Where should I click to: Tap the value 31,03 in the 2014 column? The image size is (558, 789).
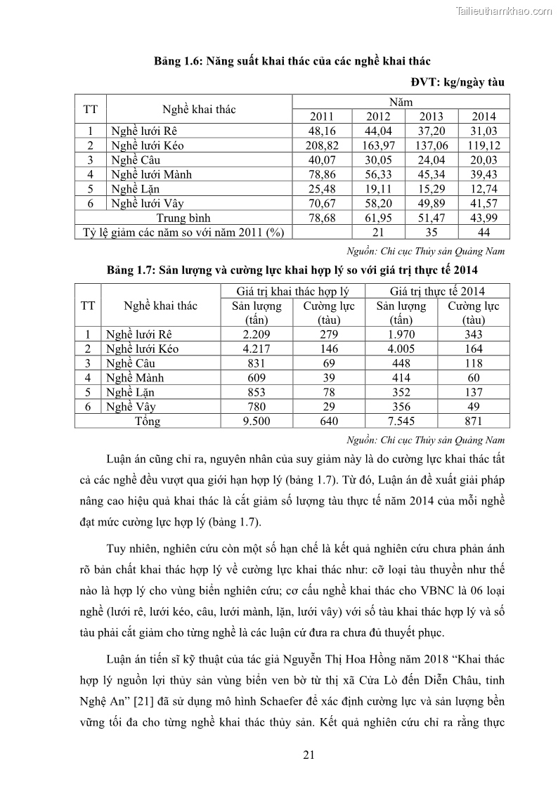click(484, 131)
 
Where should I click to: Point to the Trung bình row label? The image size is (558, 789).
click(183, 218)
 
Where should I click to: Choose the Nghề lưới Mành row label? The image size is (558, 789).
click(151, 174)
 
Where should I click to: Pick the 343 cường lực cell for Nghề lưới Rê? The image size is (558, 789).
click(474, 334)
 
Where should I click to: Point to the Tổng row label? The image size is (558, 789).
click(148, 422)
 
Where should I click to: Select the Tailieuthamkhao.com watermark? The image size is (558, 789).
click(504, 11)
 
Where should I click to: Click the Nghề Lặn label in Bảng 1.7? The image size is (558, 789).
click(130, 392)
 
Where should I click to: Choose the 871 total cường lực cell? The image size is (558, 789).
click(474, 422)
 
